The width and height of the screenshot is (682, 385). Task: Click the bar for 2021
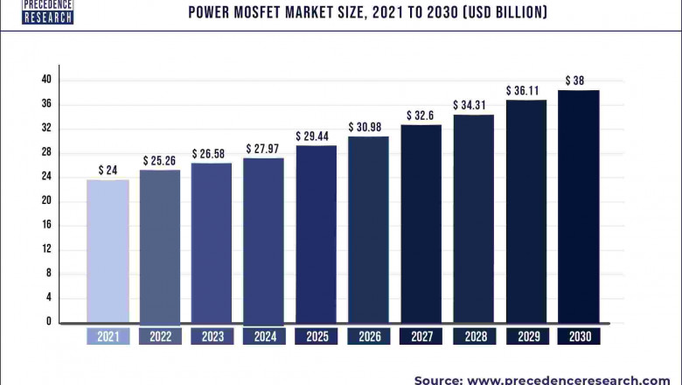pos(108,251)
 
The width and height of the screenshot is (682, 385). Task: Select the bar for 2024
pos(264,240)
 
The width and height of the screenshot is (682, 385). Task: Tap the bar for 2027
pos(421,223)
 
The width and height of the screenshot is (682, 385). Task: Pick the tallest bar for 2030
pos(578,206)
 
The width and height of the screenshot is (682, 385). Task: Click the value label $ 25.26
pos(159,161)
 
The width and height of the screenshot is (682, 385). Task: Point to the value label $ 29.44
pos(317,136)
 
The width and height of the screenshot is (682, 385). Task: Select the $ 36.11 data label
pos(525,90)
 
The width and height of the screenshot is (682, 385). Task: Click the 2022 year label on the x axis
pos(159,336)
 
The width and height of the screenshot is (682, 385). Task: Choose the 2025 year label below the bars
pos(317,336)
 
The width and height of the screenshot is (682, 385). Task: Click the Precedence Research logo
pos(47,11)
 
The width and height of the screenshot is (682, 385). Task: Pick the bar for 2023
pos(212,242)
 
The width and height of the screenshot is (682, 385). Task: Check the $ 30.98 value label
pos(369,128)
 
